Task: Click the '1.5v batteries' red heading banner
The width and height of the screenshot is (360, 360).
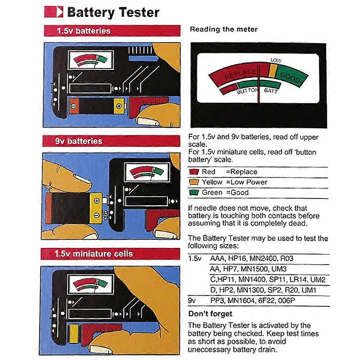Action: coord(112,31)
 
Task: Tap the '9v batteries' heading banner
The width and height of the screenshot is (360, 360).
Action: coord(112,141)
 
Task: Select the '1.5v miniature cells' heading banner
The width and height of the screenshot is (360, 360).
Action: coord(112,254)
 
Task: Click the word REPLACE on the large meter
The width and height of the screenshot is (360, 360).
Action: coord(240,74)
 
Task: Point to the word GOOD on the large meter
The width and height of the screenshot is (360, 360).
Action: coord(290,77)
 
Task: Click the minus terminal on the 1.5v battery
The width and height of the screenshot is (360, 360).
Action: coord(73,106)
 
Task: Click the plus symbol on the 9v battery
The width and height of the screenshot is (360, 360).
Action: coord(96,200)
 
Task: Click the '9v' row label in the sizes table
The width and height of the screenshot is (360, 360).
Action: coord(192,301)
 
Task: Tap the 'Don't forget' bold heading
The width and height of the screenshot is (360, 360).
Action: coord(210,314)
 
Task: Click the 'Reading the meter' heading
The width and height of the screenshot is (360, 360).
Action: coord(224,30)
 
